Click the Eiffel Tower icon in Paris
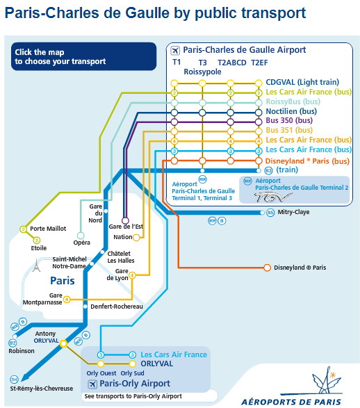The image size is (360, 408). (x=36, y=265)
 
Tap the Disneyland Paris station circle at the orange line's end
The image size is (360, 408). (x=267, y=268)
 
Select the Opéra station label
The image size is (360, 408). (x=82, y=243)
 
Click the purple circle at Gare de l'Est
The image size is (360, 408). (x=125, y=220)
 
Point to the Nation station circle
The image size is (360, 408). (x=136, y=237)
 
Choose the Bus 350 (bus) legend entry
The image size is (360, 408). (x=289, y=120)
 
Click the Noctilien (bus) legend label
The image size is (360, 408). (x=291, y=111)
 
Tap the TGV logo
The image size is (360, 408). (x=272, y=197)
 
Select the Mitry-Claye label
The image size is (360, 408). (x=293, y=212)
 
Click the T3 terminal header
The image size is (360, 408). (x=203, y=63)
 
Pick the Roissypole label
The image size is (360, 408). (x=202, y=72)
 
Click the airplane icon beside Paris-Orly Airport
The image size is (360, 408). (x=92, y=384)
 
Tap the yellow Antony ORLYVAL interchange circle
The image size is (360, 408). (x=63, y=344)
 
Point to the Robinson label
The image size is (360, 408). (x=22, y=351)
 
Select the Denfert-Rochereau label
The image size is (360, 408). (x=117, y=307)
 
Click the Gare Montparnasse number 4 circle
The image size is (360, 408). (x=67, y=300)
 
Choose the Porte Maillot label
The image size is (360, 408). (x=48, y=229)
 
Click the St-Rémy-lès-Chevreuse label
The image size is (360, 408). (x=42, y=389)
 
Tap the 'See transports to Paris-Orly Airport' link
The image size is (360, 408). (x=133, y=396)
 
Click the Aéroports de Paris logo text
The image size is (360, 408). (x=291, y=402)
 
